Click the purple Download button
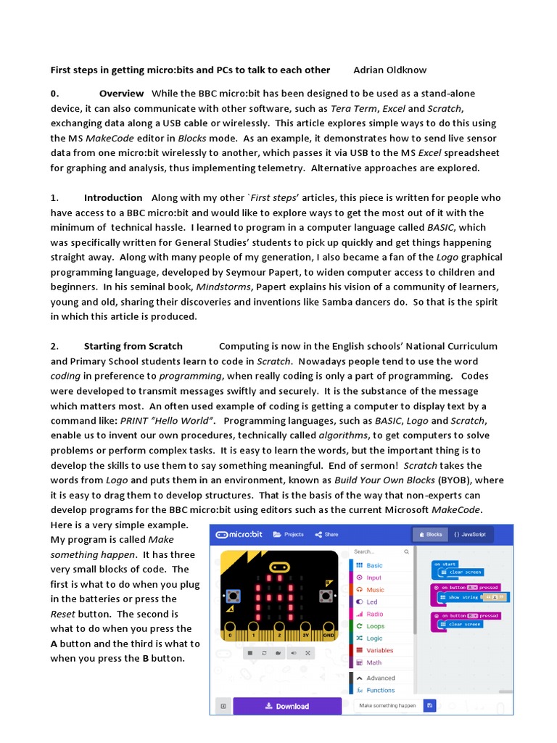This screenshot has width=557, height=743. click(x=287, y=706)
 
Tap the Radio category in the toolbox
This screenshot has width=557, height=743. click(x=374, y=614)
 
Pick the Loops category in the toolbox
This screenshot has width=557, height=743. click(x=375, y=626)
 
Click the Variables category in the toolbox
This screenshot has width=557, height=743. click(x=379, y=650)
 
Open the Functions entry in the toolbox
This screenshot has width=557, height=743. click(x=380, y=690)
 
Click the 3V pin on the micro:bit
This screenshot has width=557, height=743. click(x=303, y=636)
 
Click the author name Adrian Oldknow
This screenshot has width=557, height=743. click(x=390, y=70)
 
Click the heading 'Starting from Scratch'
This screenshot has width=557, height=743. click(x=133, y=346)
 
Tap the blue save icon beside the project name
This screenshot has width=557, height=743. click(x=430, y=705)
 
